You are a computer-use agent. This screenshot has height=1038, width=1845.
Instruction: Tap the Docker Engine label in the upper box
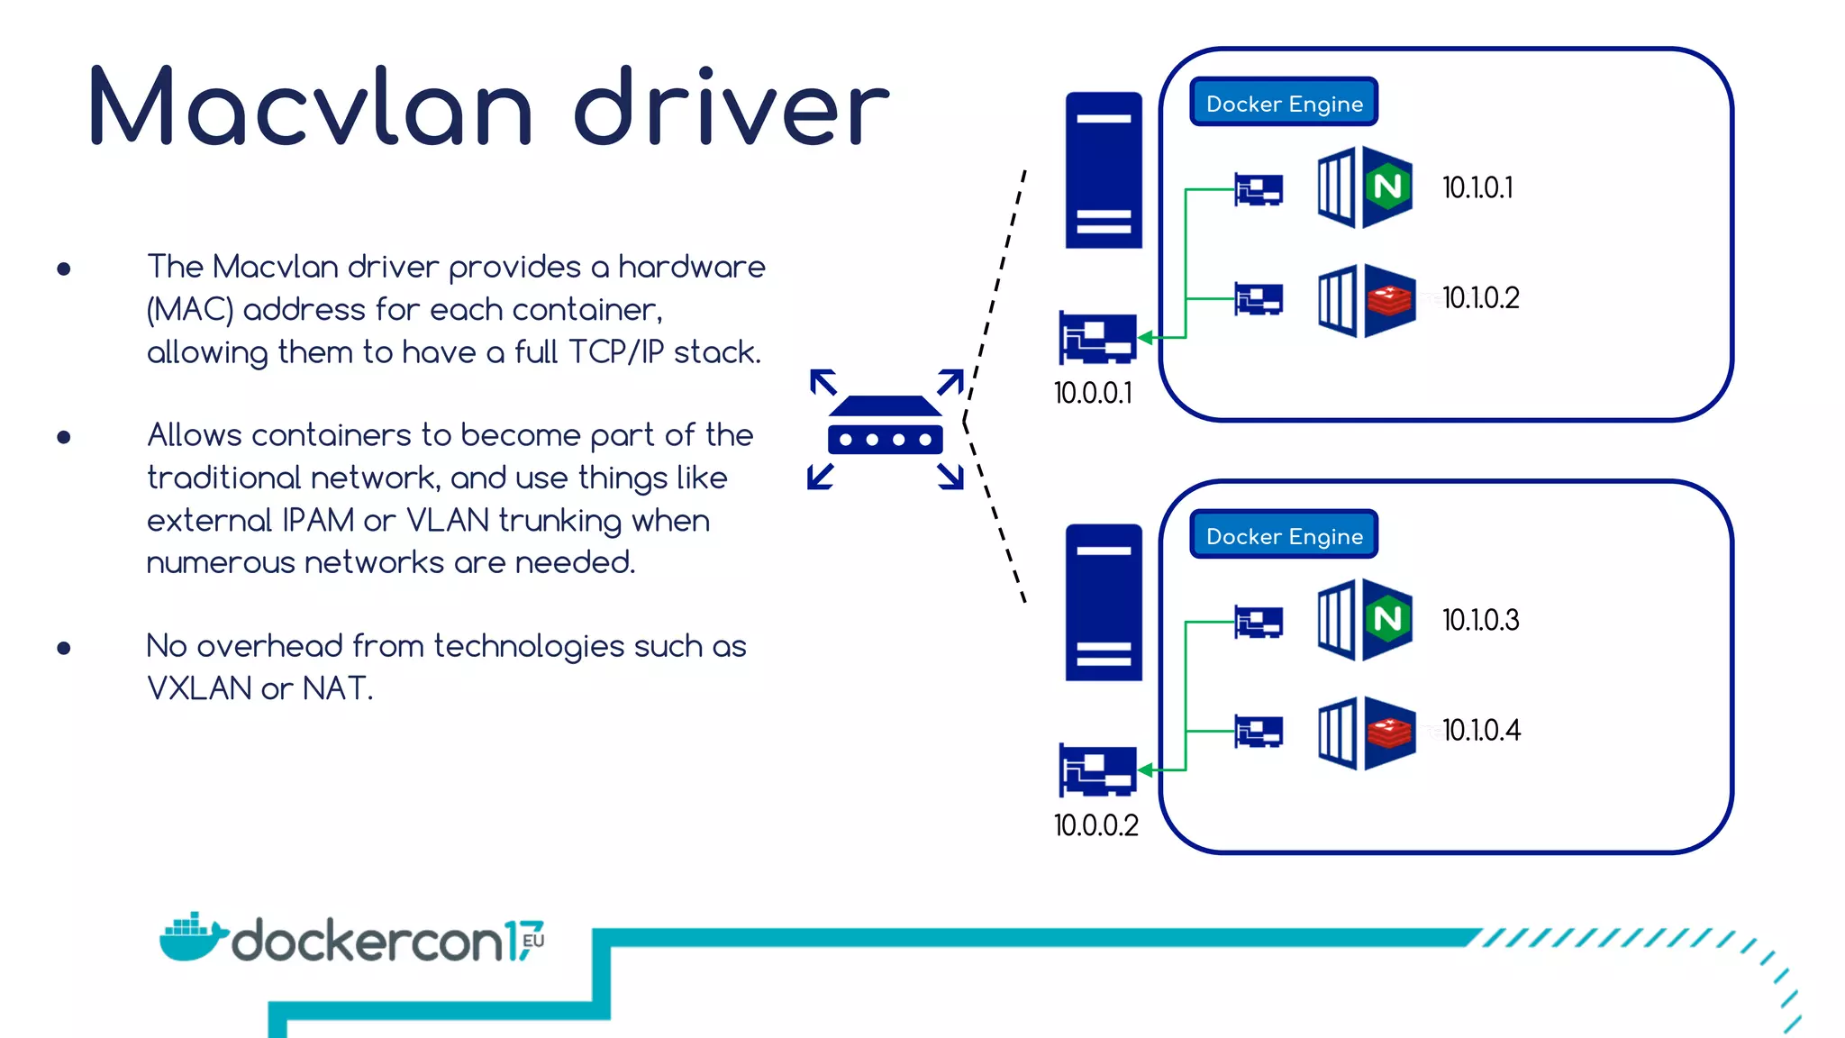[1284, 103]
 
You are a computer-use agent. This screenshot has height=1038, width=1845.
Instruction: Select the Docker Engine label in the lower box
[1284, 535]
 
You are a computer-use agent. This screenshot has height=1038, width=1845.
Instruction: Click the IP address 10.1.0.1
[1477, 187]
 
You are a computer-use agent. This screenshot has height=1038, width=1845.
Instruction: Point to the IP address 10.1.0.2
[1480, 297]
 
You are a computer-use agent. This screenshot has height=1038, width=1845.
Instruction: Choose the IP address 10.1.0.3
[1480, 620]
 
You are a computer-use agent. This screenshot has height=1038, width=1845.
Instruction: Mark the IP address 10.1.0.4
[1481, 730]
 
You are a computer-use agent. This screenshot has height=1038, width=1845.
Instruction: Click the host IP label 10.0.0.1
[1093, 393]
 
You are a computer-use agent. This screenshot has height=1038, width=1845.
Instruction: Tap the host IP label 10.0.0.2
[1095, 825]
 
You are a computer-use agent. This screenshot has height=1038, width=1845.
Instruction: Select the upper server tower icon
[1104, 170]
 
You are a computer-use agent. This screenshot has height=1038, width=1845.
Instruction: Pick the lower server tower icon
[1104, 603]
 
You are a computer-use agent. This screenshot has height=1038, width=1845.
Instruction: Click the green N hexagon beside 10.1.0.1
[1387, 187]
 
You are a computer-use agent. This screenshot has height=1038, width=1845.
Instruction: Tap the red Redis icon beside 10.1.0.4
[1389, 732]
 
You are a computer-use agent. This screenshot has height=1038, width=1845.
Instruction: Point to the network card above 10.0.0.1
[1097, 337]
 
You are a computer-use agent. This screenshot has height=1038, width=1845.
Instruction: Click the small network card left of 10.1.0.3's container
[1259, 622]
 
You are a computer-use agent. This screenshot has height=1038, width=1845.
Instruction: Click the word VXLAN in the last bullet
[199, 688]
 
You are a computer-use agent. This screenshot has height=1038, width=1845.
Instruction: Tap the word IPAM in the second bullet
[318, 520]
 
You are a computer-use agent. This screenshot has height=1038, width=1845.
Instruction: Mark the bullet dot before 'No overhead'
[64, 648]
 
